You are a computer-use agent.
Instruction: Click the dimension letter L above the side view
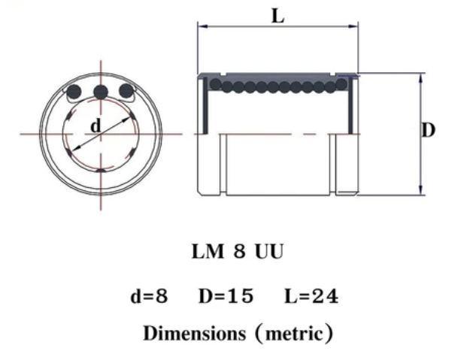coord(277,15)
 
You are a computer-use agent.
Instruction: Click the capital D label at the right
coord(428,130)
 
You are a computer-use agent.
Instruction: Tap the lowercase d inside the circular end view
coord(96,126)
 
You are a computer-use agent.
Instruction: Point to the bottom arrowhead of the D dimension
coord(420,191)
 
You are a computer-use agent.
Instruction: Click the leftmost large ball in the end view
coord(74,92)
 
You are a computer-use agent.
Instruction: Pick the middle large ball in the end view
coord(101,92)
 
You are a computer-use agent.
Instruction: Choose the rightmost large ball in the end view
coord(127,92)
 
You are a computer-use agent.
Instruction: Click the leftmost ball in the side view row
coord(216,85)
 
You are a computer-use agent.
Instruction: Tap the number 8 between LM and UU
coord(239,252)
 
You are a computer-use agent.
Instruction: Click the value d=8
coord(150,296)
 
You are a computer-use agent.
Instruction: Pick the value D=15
coord(226,296)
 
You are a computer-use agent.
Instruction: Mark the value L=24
coord(311,296)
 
